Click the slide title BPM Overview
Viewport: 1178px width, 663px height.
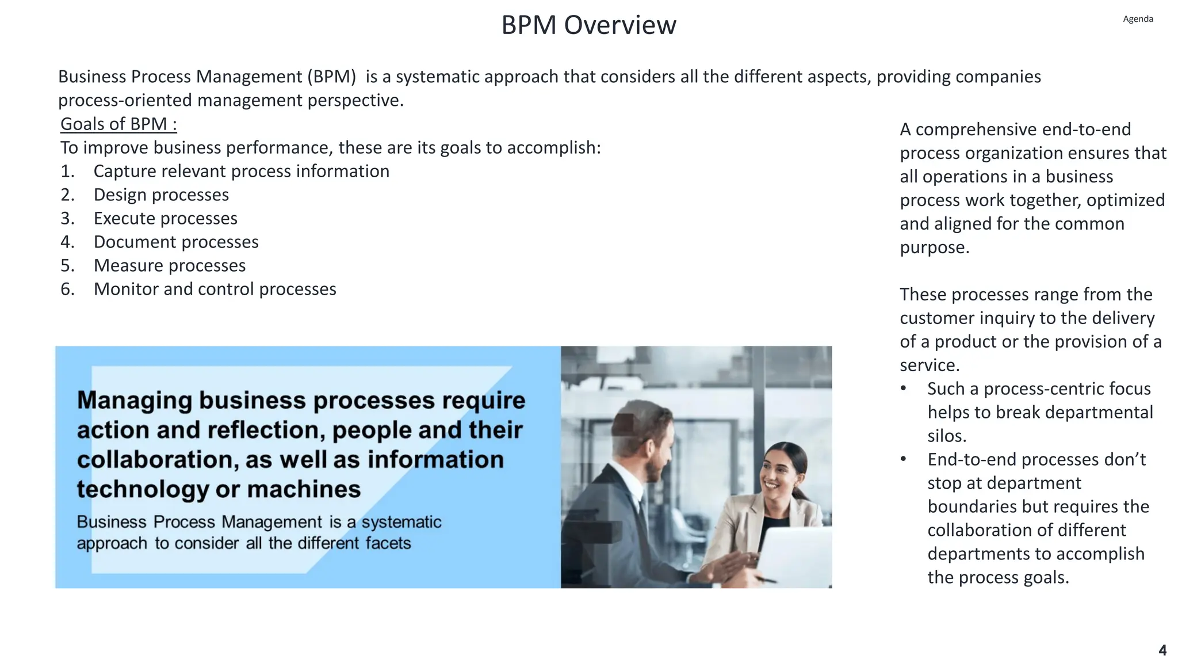point(588,25)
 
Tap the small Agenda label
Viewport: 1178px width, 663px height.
point(1138,19)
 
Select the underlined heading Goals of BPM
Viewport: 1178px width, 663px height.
point(118,124)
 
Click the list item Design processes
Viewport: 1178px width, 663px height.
point(161,195)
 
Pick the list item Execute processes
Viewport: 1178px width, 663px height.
point(165,218)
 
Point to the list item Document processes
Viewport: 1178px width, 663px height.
point(176,242)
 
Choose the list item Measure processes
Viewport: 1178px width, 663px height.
point(170,265)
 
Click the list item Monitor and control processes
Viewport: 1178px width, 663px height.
point(215,289)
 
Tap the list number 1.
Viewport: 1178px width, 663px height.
point(67,171)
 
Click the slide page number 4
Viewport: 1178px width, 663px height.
point(1162,650)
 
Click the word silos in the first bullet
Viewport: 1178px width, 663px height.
point(947,436)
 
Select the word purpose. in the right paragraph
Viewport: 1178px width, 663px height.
point(935,247)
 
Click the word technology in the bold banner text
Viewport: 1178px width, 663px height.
point(143,489)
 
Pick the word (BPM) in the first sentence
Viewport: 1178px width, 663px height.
point(331,77)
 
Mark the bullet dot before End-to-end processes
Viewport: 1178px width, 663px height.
point(904,459)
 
